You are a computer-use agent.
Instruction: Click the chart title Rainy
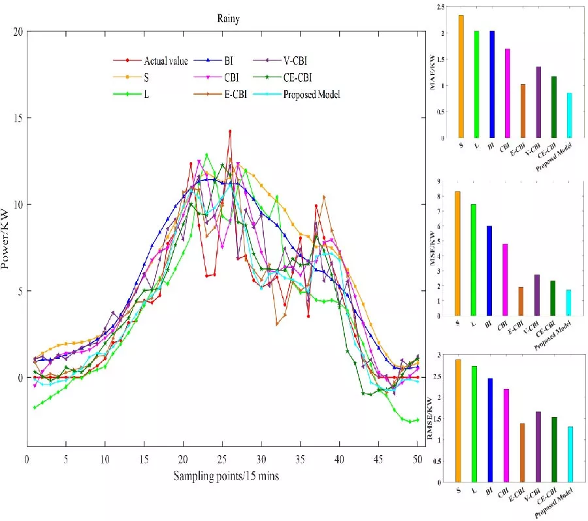228,18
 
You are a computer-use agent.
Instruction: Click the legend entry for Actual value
165,61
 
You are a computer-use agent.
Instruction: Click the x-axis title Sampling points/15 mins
226,476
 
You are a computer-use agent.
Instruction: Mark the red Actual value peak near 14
230,131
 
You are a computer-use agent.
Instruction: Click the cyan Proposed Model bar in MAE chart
569,116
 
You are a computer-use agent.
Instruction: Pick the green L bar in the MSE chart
473,260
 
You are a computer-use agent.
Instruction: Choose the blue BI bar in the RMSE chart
490,430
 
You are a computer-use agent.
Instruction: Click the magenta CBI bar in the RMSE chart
506,435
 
